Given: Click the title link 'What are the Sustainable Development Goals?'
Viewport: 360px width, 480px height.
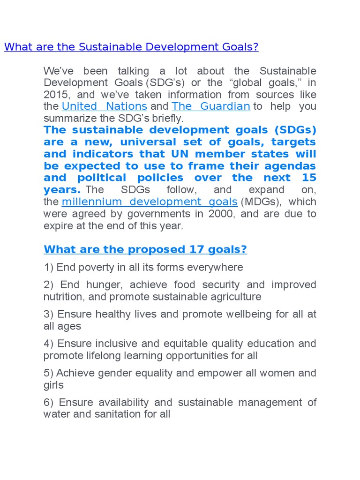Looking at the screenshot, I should coord(131,47).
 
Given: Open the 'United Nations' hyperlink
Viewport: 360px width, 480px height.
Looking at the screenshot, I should coord(105,106).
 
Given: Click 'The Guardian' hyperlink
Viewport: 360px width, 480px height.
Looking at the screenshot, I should coord(211,106).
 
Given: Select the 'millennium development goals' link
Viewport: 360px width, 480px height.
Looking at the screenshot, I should coord(150,202).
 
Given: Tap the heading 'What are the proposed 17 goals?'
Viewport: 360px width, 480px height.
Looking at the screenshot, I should coord(145,250).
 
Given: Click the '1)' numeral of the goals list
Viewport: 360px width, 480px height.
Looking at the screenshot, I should coord(48,268).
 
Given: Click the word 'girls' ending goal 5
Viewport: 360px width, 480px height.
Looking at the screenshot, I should coord(53,385).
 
